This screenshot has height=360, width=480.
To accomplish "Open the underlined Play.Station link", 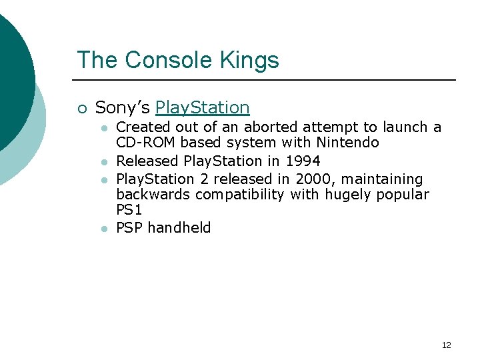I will click(202, 107).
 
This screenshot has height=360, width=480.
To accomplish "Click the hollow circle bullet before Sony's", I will click(81, 108).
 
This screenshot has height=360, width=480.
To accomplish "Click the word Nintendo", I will click(347, 143).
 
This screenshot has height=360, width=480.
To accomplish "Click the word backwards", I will click(153, 195).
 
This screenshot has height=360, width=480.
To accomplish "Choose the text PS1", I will click(129, 210).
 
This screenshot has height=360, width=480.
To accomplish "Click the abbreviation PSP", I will click(129, 228).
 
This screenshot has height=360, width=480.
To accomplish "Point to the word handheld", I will click(179, 228).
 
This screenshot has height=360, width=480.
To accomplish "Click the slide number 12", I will click(446, 345).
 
